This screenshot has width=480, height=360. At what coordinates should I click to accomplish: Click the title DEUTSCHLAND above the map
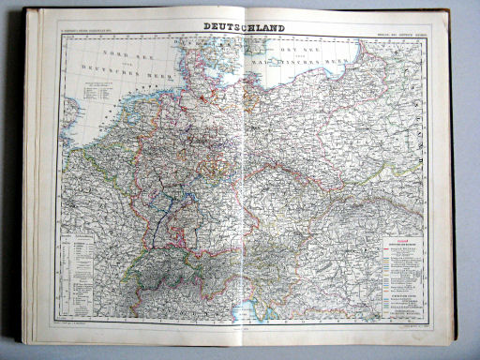(241, 28)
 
